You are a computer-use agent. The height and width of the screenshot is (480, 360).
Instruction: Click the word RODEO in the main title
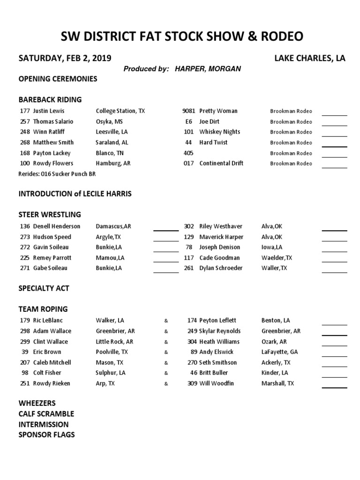point(276,36)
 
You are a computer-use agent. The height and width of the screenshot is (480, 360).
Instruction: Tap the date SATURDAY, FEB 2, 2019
point(65,58)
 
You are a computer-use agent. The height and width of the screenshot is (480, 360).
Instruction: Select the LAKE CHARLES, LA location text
point(310,58)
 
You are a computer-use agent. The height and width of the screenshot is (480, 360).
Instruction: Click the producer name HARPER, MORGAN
point(208,69)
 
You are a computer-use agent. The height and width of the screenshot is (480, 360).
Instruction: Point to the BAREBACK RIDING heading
point(50,99)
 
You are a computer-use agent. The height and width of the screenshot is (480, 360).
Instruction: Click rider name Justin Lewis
point(49,111)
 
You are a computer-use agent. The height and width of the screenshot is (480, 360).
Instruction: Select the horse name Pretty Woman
point(218,111)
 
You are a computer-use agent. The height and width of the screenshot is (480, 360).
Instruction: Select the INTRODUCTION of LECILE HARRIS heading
point(75,194)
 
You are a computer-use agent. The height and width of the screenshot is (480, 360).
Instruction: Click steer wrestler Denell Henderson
point(57,226)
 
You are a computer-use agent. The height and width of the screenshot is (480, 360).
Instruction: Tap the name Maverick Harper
point(221,237)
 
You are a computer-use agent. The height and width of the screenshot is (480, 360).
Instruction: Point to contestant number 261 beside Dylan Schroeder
point(189,268)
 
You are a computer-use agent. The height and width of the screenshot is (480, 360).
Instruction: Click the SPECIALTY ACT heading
point(44,288)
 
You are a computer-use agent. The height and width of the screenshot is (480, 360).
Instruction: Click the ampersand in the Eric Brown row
point(166,352)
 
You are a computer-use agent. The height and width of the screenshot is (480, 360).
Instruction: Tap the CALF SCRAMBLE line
point(46,414)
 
